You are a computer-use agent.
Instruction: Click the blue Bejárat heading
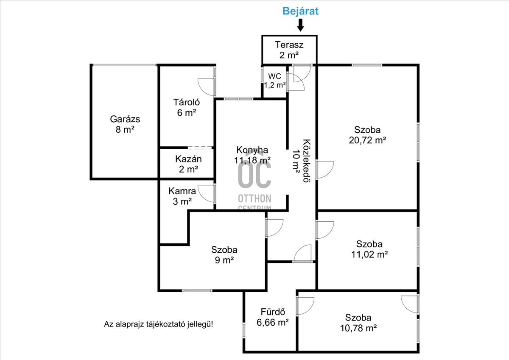coord(300,11)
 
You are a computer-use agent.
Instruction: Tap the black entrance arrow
coord(300,25)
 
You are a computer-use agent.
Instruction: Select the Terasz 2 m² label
coord(289,50)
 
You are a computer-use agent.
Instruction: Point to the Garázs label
coord(125,119)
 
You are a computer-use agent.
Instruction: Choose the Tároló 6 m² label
coord(187,107)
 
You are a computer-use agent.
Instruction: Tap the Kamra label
coord(182,191)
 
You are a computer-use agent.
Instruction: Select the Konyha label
coord(252,150)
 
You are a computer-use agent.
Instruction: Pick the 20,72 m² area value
coord(367,140)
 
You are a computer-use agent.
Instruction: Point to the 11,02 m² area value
coord(369,254)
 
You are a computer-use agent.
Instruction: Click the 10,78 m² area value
coord(358,328)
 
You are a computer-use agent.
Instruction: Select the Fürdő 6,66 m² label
coord(273,317)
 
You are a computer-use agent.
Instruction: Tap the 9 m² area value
coord(224,260)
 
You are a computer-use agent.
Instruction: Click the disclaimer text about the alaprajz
coord(159,324)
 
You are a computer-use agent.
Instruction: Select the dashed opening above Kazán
coord(200,148)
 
